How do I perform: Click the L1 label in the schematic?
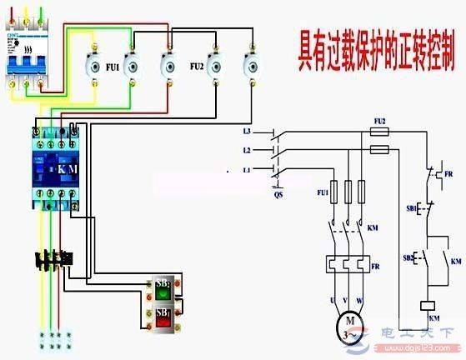click(247, 169)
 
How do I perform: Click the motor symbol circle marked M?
click(344, 320)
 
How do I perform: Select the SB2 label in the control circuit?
click(410, 257)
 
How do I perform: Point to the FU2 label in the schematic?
click(379, 121)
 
